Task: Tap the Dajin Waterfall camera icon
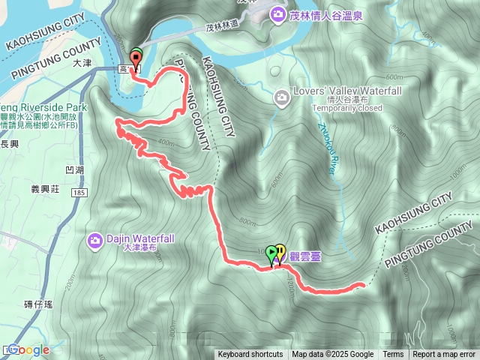click(x=95, y=240)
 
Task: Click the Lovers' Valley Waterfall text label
click(x=338, y=91)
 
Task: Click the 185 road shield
click(x=77, y=193)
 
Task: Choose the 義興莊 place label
click(x=45, y=189)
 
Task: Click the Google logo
click(x=28, y=349)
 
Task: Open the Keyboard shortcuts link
click(x=250, y=355)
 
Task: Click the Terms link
click(x=393, y=355)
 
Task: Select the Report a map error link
click(x=444, y=355)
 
